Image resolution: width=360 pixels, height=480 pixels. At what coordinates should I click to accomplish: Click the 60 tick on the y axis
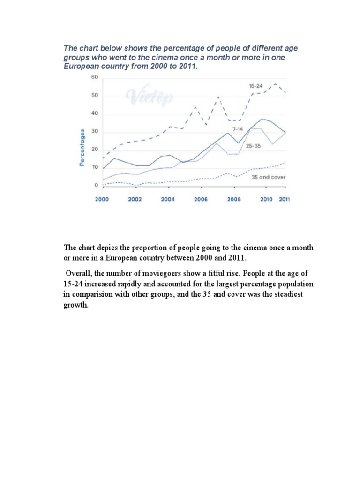[x=95, y=77]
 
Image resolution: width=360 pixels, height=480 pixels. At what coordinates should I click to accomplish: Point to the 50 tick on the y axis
[x=95, y=97]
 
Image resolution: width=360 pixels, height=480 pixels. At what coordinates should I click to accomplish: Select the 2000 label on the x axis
[x=102, y=199]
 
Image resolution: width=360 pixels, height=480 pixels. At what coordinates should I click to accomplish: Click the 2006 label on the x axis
[x=201, y=199]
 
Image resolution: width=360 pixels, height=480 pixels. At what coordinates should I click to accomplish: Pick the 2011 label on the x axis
[x=284, y=199]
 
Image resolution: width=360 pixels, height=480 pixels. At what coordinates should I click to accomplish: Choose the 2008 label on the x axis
[x=234, y=199]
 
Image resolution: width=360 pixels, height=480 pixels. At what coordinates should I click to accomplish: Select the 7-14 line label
[x=236, y=128]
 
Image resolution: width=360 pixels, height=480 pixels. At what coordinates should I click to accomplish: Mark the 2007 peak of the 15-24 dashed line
[x=218, y=97]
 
